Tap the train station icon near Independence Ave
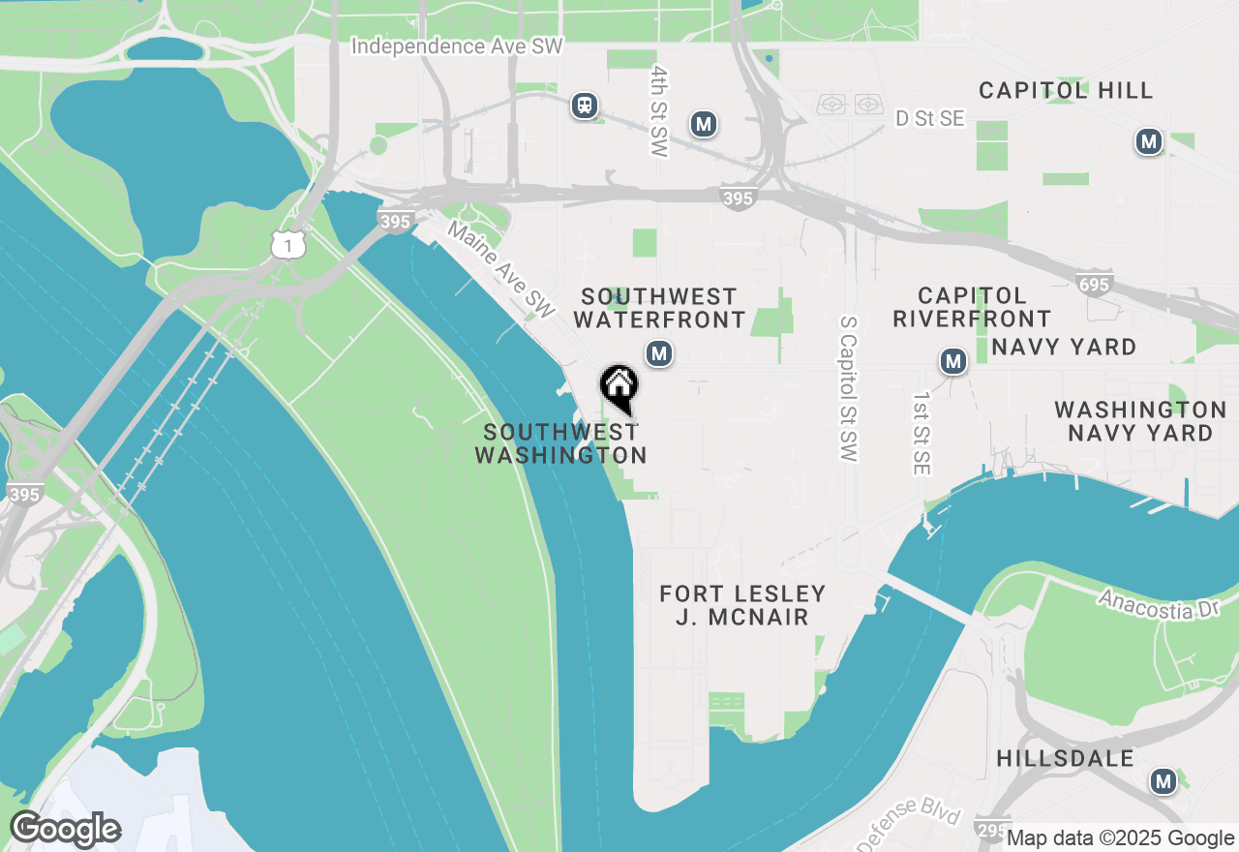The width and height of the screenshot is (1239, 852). click(584, 105)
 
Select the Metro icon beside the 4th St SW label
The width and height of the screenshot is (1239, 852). click(704, 124)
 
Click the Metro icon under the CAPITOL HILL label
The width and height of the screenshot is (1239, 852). click(1149, 142)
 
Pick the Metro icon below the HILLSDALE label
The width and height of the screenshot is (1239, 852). click(1163, 780)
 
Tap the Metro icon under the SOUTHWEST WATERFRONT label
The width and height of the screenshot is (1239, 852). click(659, 354)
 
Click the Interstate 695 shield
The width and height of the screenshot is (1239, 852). click(1093, 283)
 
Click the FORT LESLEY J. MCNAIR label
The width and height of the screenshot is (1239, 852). click(742, 605)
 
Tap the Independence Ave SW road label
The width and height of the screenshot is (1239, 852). click(457, 46)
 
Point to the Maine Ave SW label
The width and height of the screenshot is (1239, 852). click(501, 271)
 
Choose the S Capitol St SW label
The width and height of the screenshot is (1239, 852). click(850, 387)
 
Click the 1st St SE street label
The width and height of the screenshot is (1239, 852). click(922, 434)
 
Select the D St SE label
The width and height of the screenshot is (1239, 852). click(930, 118)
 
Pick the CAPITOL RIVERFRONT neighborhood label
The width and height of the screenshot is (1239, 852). click(972, 307)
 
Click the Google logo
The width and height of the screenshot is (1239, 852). click(65, 829)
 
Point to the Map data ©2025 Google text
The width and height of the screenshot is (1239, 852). click(1120, 838)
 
